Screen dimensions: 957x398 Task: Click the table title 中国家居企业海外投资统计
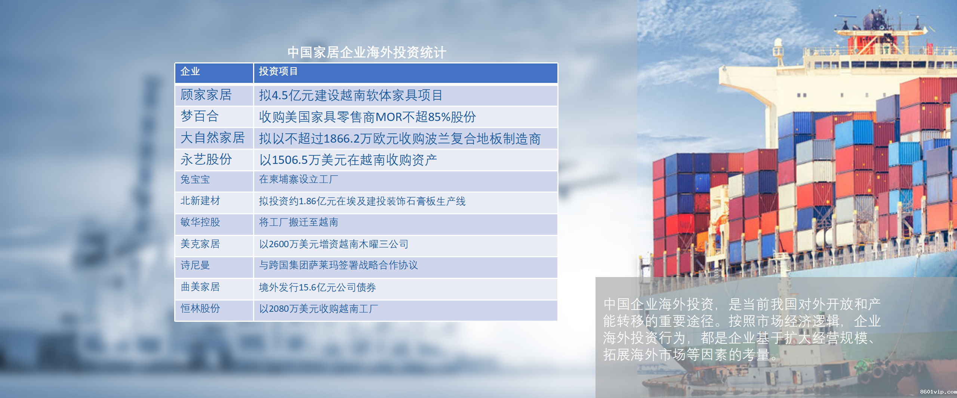coord(367,52)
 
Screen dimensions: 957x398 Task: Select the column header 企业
coord(190,71)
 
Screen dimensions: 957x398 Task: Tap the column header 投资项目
coord(278,71)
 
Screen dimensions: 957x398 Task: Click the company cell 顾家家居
coord(206,95)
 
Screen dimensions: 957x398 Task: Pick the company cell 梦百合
coord(199,116)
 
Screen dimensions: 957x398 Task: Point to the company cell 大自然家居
coord(212,138)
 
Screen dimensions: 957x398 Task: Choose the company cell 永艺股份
coord(206,159)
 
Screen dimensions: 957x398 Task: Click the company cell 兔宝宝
coord(195,179)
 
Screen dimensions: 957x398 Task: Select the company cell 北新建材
coord(200,201)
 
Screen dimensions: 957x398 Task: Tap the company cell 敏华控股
coord(200,222)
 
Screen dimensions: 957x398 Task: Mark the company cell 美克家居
coord(200,244)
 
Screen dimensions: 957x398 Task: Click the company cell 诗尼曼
coord(195,265)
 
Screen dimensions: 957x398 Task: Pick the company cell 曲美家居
coord(200,287)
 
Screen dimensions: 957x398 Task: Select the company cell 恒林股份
coord(200,308)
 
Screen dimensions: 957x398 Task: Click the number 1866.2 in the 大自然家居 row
coord(341,139)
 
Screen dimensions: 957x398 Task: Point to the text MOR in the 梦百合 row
coord(389,117)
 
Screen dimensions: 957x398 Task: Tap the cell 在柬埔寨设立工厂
coord(298,179)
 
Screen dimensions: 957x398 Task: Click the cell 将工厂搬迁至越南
coord(298,222)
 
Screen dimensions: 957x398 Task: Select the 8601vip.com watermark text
coord(938,392)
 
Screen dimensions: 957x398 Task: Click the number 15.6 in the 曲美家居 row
coord(307,287)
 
